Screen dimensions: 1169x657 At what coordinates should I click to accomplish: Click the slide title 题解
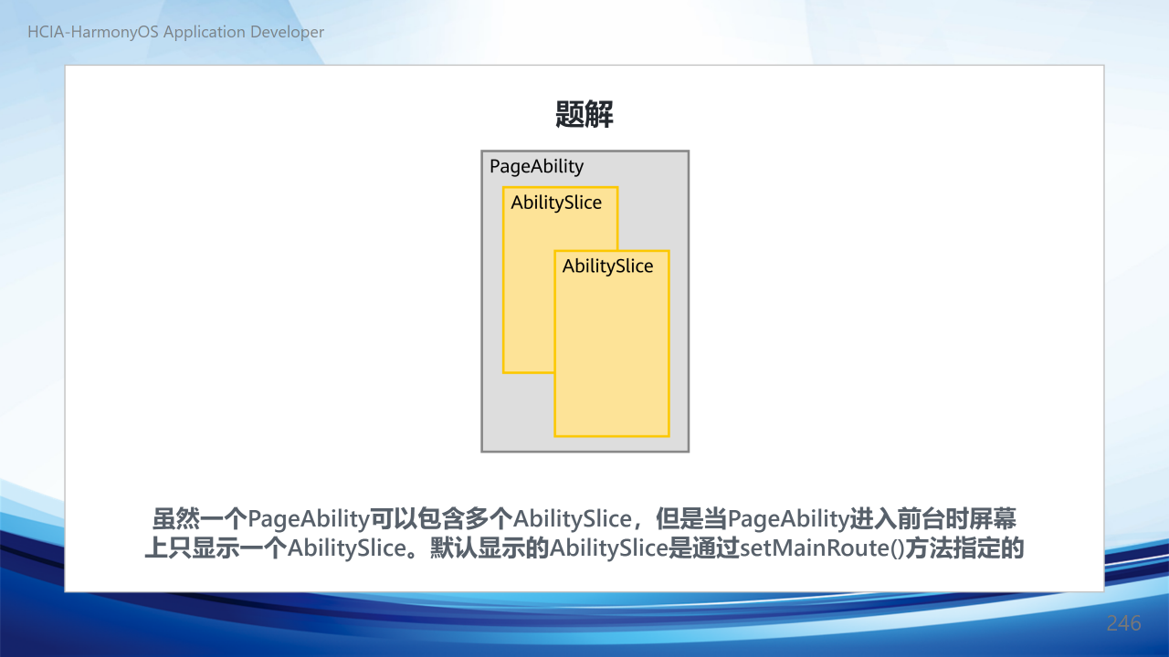coord(584,114)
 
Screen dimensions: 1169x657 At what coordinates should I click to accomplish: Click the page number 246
coord(1123,623)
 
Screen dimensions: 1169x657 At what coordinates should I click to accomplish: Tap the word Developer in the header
coord(287,32)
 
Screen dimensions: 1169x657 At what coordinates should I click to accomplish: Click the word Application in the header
coord(204,32)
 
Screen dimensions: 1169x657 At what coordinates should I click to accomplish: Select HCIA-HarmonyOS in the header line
coord(93,32)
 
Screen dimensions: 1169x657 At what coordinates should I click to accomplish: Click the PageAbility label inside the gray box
coord(536,167)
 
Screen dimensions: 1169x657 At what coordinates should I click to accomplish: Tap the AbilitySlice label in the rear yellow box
coord(556,203)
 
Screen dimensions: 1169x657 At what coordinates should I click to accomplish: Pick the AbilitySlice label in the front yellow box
coord(607,266)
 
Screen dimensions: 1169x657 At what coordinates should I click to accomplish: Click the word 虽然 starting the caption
coord(176,519)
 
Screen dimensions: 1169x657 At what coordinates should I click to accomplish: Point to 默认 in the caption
coord(454,548)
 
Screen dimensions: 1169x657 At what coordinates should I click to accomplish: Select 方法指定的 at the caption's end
coord(964,548)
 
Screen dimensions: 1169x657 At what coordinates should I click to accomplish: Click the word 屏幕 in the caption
coord(993,519)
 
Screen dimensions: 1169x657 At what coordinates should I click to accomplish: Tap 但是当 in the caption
coord(691,519)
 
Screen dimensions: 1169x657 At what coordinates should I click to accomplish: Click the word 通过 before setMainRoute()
coord(716,548)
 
